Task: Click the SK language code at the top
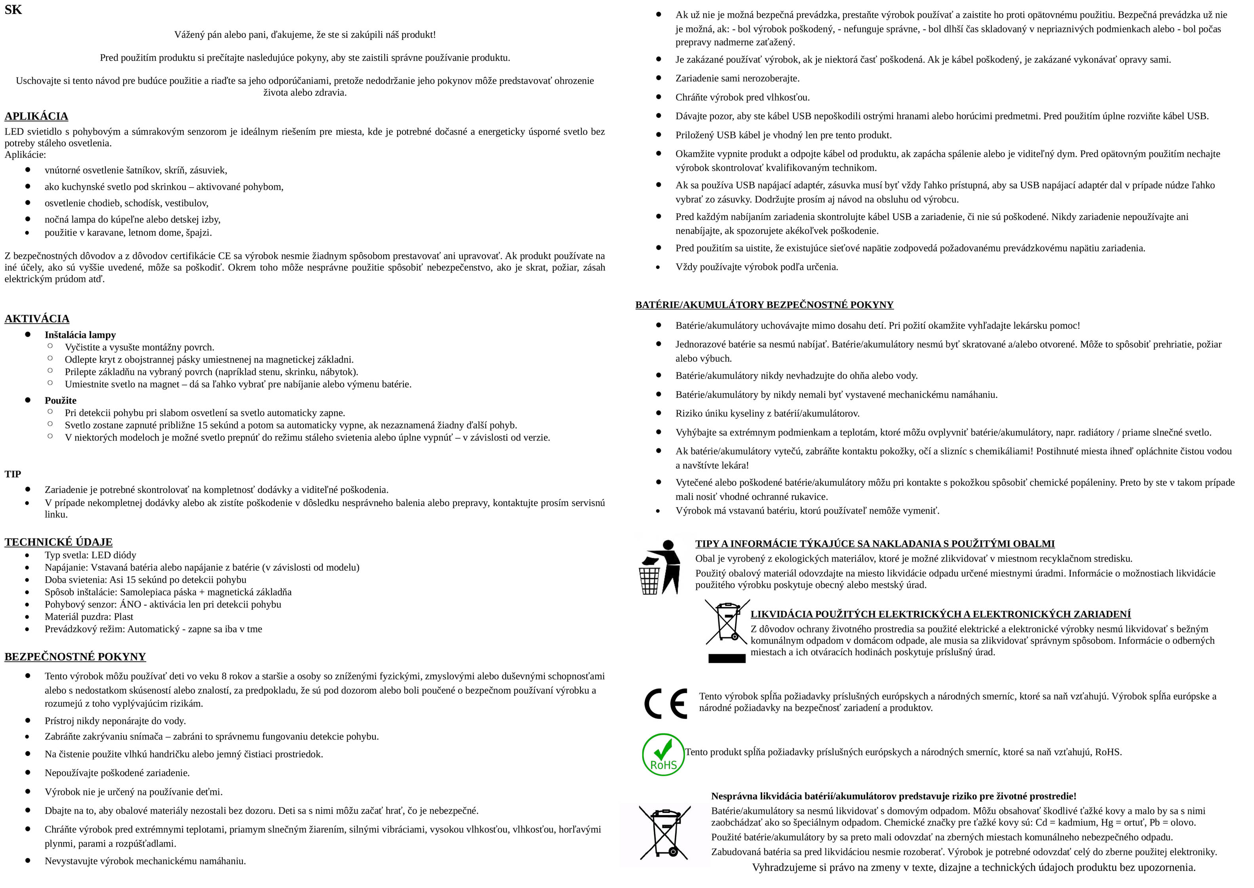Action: point(13,10)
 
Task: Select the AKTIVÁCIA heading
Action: point(37,319)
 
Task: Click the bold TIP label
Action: point(13,474)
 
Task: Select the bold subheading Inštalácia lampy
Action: point(80,335)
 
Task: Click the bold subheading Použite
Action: point(61,400)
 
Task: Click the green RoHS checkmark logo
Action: point(663,755)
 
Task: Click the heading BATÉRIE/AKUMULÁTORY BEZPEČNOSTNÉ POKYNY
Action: point(764,305)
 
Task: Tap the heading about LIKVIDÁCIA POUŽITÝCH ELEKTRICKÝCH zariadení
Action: point(940,614)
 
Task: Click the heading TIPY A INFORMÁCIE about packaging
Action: point(875,543)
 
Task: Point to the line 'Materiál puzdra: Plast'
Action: point(89,617)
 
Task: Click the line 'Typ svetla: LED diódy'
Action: point(90,555)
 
